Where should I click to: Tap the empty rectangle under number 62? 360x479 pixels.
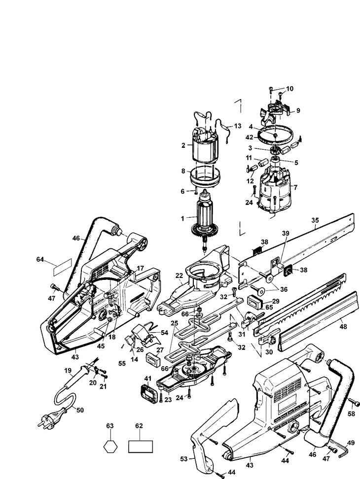[140, 446]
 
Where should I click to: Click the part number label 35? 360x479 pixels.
[315, 220]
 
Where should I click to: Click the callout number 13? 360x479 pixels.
[238, 126]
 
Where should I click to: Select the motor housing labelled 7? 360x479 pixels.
[273, 189]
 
